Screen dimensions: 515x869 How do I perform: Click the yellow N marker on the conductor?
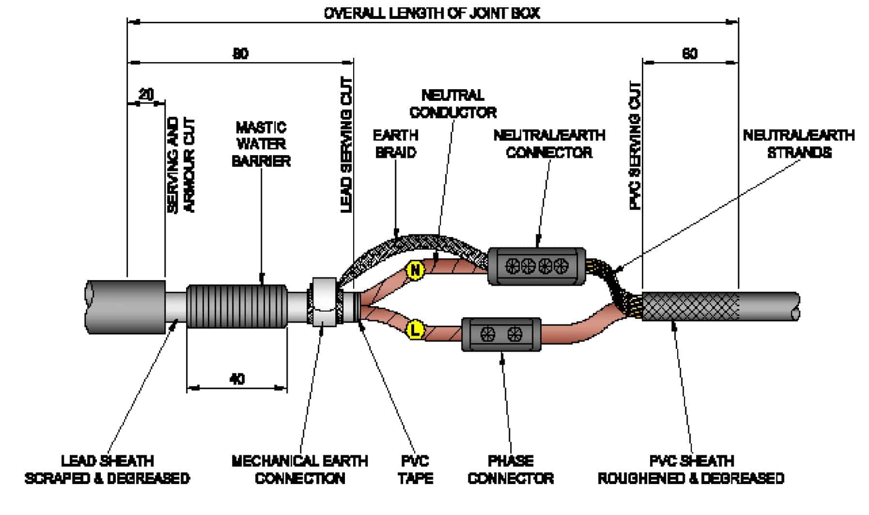coord(415,270)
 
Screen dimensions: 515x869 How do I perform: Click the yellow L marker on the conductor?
coord(415,331)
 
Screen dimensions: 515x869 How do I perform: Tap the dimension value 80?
coord(241,53)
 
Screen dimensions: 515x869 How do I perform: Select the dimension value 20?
coord(146,94)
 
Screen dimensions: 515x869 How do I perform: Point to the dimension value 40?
coord(237,378)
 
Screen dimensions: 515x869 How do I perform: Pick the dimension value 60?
coord(690,53)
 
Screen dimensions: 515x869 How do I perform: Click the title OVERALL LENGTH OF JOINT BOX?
coord(432,13)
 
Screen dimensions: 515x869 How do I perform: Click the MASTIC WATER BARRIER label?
coord(261,144)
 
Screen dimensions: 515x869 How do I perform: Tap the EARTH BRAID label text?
coord(396,144)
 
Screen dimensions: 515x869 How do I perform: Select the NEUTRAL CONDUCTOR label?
coord(453,104)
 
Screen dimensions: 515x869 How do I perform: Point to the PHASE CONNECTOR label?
coord(511,469)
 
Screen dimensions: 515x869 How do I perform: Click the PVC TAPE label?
coord(416,469)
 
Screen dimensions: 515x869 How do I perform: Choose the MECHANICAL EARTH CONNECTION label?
coord(300,469)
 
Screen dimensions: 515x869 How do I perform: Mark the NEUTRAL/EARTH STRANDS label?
coord(799,144)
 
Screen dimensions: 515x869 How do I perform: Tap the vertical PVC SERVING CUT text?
coord(635,145)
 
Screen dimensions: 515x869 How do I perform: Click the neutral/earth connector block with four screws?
coord(537,266)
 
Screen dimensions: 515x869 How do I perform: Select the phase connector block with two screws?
coord(501,334)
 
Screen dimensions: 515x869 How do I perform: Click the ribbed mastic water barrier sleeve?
coord(237,306)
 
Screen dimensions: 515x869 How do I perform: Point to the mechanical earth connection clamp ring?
coord(324,301)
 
